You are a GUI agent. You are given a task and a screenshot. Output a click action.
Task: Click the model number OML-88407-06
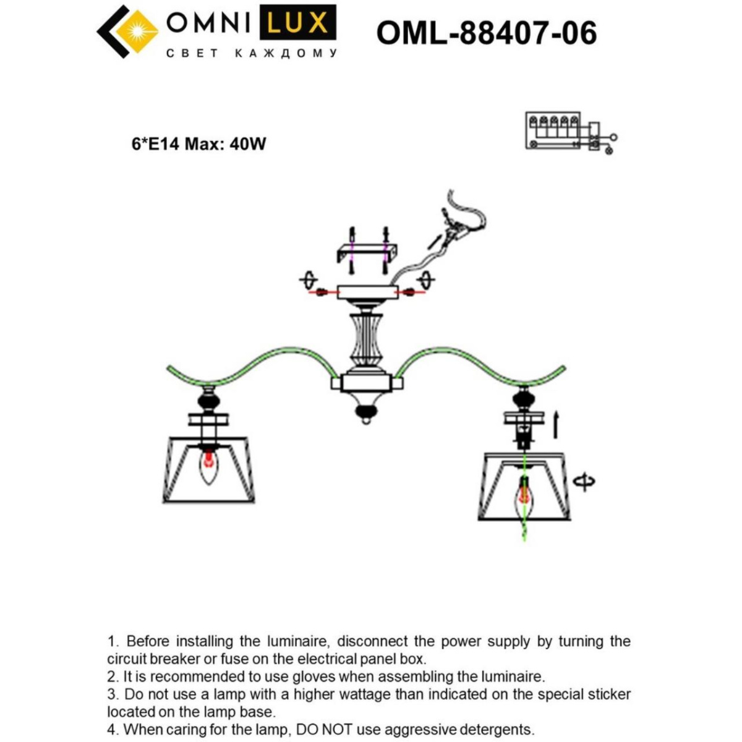(487, 33)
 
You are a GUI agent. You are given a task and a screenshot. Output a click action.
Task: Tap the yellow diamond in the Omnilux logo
(137, 31)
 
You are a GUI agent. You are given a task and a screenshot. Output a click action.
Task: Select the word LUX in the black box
(297, 22)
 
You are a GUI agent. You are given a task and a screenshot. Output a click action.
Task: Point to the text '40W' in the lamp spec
(247, 144)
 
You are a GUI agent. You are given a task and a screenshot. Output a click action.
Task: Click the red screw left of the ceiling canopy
(322, 292)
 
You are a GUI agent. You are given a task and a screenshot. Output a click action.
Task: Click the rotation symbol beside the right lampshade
(584, 481)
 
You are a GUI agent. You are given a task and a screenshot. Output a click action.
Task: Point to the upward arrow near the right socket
(555, 425)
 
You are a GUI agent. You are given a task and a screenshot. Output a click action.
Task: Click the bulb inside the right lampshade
(524, 495)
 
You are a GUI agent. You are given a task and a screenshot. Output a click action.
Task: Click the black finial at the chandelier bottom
(366, 413)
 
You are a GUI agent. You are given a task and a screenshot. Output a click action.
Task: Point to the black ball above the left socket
(209, 401)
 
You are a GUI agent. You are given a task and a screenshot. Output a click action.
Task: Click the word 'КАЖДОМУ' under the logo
(286, 53)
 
